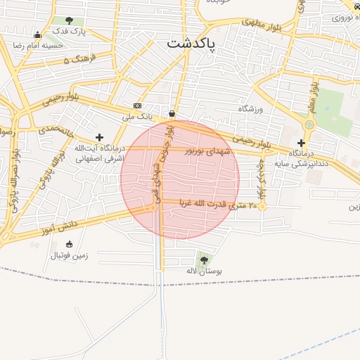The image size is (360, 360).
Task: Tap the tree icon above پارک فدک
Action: coord(69,20)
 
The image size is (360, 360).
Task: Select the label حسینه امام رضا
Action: coord(37,45)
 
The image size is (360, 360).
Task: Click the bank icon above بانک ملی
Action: coord(138,105)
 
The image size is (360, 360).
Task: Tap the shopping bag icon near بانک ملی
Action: coord(172,113)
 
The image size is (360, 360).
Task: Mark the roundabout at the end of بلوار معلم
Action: coord(309,124)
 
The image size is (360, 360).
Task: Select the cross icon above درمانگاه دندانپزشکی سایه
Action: coord(301,143)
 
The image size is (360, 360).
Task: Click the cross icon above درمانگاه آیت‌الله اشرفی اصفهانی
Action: coord(99,137)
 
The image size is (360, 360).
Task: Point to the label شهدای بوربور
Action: coord(207,150)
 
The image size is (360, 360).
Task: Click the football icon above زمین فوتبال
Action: coord(69,244)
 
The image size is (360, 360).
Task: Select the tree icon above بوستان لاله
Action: coord(204,260)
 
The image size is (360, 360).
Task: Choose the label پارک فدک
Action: coord(70,32)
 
